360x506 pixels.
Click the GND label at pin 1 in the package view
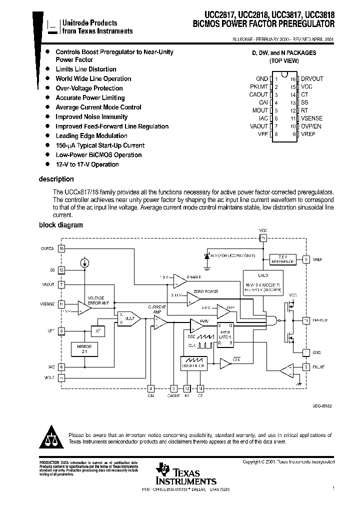262,78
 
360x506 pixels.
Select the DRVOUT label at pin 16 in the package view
312,78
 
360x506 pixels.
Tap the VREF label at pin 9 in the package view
308,134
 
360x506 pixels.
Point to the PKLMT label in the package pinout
259,86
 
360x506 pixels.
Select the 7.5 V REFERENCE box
283,258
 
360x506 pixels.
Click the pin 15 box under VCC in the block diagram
263,238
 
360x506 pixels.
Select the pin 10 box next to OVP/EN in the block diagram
61,248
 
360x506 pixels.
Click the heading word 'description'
56,179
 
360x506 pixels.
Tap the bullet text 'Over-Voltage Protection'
89,88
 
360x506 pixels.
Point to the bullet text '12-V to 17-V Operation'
87,164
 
